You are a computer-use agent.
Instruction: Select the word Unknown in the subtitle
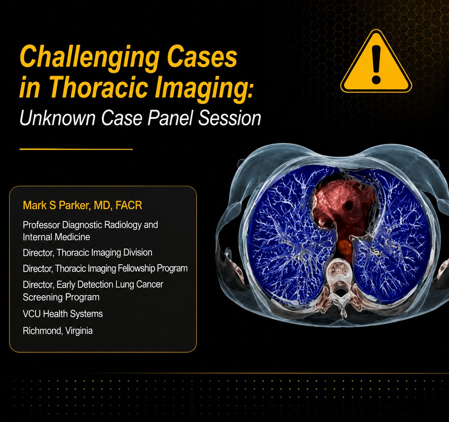click(57, 118)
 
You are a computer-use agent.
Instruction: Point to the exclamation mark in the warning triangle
click(376, 64)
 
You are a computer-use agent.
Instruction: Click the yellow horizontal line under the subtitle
click(76, 149)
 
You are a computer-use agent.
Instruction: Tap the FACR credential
click(129, 205)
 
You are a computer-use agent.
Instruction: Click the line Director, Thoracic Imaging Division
click(87, 253)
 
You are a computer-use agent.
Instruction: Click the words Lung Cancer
click(139, 285)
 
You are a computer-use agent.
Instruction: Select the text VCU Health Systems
click(63, 314)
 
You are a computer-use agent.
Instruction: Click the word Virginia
click(79, 331)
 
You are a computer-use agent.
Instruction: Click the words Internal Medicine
click(57, 237)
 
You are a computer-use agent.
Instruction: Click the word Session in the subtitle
click(230, 118)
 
